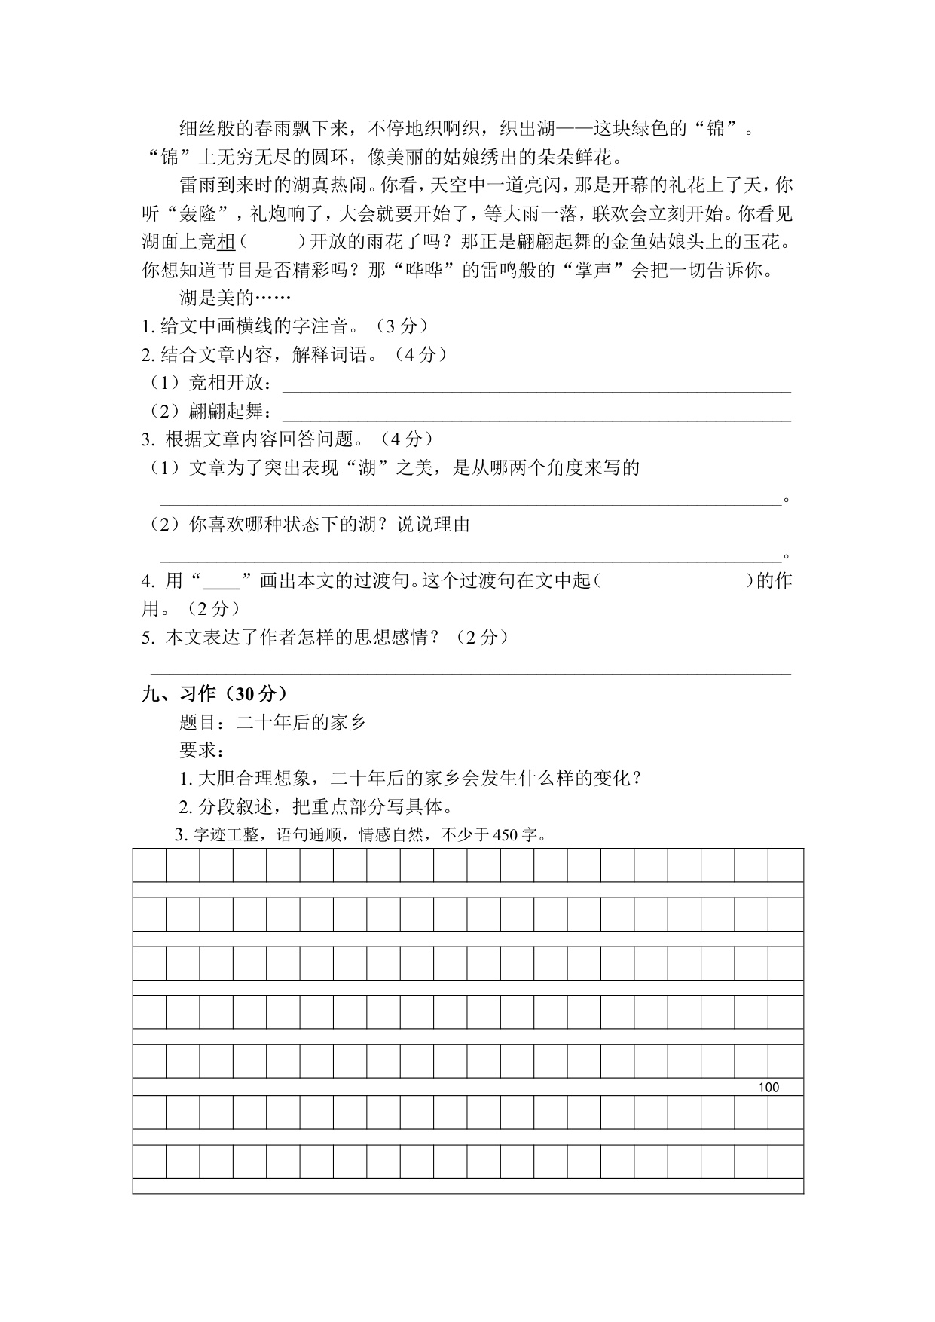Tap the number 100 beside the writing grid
click(768, 1087)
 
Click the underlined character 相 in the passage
click(227, 242)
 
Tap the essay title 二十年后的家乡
click(301, 722)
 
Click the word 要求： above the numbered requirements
click(201, 751)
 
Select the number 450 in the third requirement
click(505, 835)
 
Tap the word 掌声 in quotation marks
click(594, 270)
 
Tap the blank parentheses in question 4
click(674, 581)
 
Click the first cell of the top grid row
click(149, 865)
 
